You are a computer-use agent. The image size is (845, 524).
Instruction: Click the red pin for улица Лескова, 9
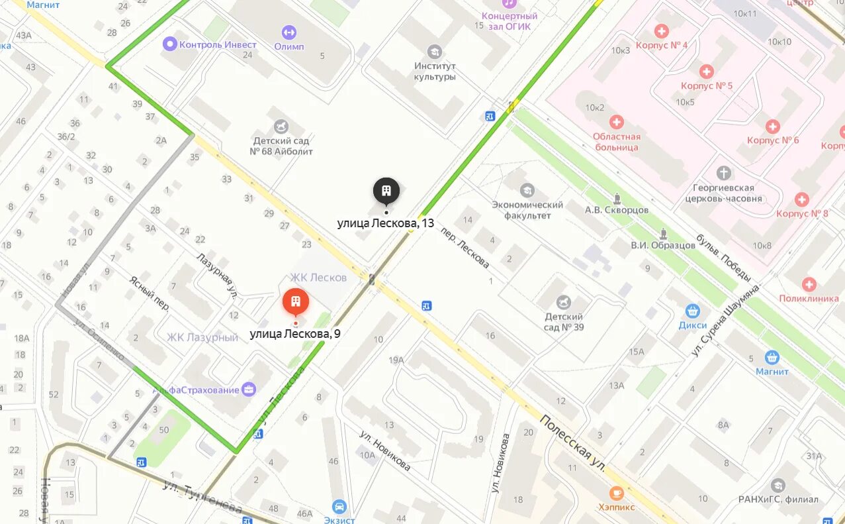tap(296, 302)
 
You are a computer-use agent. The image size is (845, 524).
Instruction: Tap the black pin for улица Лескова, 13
tap(386, 190)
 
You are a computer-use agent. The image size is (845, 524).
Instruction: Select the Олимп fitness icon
tap(289, 32)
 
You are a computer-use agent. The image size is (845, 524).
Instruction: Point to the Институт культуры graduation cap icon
tap(435, 52)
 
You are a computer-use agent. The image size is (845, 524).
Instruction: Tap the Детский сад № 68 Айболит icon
tap(283, 126)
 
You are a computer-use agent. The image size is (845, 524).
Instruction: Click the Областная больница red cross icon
tap(616, 122)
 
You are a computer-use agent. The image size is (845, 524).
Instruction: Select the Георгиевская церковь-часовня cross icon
tap(725, 173)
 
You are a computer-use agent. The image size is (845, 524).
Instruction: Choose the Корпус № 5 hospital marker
tap(707, 72)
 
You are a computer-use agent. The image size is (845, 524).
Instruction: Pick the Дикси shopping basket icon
tap(692, 311)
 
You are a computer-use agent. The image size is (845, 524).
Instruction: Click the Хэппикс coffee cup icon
tap(616, 492)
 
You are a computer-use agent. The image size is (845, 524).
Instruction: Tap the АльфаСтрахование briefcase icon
tap(249, 390)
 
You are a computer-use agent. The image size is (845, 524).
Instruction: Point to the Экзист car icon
tap(339, 507)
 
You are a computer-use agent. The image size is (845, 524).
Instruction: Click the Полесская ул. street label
tap(573, 443)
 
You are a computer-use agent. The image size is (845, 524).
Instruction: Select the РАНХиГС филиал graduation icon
tap(778, 486)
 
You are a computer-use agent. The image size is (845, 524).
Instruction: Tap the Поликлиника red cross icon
tap(809, 284)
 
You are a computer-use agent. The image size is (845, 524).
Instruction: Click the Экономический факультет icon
tap(527, 190)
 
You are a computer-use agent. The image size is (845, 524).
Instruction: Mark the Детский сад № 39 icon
tap(563, 302)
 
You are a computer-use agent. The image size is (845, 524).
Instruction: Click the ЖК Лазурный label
tap(202, 337)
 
